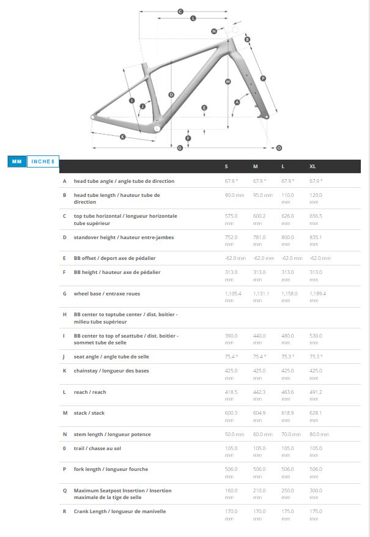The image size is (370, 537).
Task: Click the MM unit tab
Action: (17, 161)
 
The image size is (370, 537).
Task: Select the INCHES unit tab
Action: (43, 161)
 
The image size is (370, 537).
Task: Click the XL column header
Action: (313, 166)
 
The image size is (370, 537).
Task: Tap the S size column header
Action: (226, 166)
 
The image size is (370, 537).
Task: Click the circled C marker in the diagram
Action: (180, 12)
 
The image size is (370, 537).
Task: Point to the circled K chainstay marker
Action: (122, 136)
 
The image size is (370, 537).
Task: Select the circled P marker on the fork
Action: (262, 78)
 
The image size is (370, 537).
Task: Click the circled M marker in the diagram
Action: (228, 81)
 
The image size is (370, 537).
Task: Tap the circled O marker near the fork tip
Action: (279, 147)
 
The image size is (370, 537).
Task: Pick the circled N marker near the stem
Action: (214, 31)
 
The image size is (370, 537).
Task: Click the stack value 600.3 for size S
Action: (230, 413)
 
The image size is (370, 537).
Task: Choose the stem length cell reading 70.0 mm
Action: (291, 434)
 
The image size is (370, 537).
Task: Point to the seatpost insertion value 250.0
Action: (287, 491)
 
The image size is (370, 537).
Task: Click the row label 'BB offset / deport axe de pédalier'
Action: (114, 259)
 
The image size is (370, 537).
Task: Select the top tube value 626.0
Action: (287, 216)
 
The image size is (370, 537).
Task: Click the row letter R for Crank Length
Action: (65, 511)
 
